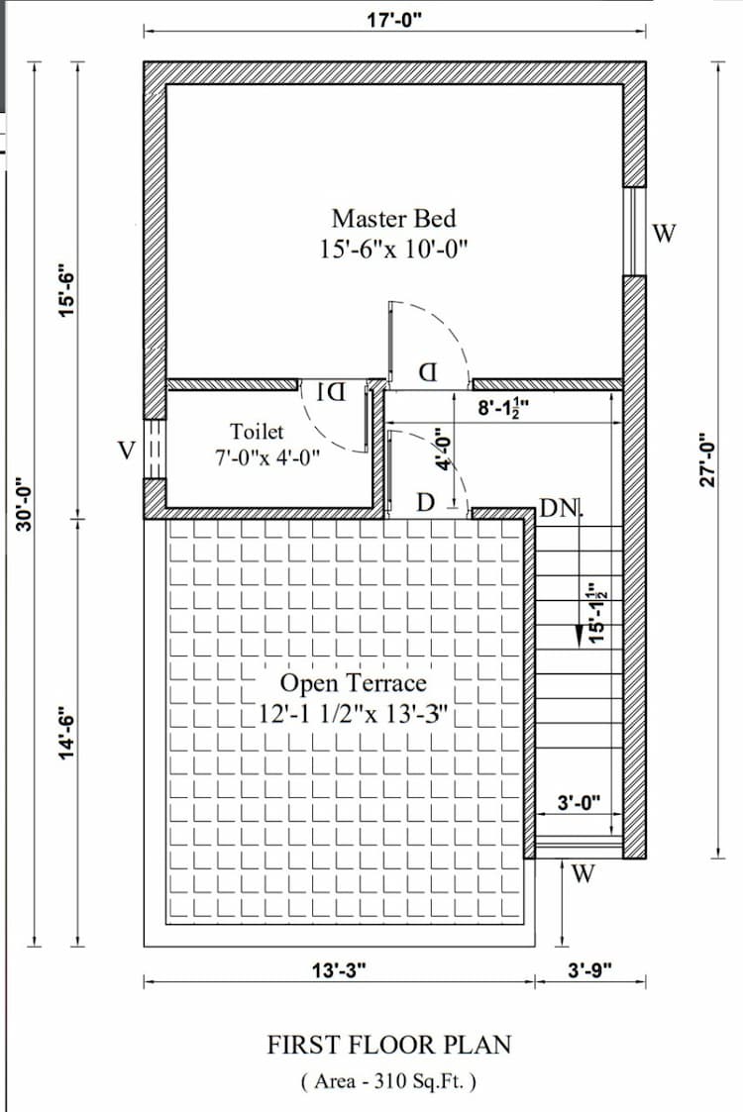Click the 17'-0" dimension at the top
(394, 18)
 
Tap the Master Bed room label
(393, 218)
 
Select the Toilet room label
(257, 432)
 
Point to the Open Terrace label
(354, 683)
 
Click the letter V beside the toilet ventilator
(126, 451)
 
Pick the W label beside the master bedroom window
(664, 234)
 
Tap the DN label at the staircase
(559, 509)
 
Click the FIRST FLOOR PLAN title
(389, 1045)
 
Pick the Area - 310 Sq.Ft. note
(388, 1080)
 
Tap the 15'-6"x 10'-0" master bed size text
(392, 249)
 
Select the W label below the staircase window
(584, 873)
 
